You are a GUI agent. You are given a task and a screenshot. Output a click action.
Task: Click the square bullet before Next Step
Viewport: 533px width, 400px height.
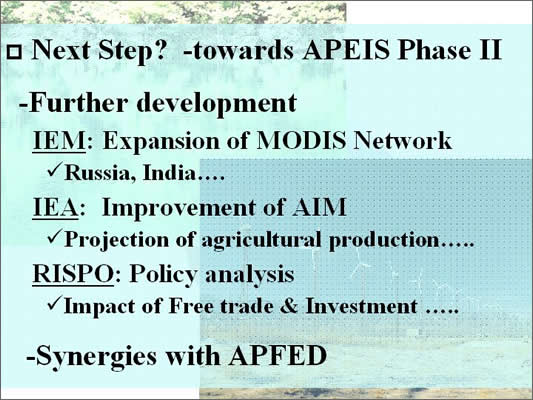(15, 52)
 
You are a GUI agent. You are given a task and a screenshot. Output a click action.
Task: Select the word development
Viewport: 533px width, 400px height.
(217, 104)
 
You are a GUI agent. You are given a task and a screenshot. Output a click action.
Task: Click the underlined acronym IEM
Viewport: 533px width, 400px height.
(59, 141)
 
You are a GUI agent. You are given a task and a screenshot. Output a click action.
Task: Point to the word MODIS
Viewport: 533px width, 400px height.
(301, 140)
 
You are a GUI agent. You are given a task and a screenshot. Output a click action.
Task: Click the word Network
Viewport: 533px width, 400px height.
(402, 140)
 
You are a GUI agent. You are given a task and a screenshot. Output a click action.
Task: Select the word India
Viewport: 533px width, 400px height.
(169, 173)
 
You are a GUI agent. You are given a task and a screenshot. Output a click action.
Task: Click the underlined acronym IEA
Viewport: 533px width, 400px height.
(55, 207)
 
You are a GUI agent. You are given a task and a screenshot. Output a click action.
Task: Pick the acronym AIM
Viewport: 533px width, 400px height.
(319, 207)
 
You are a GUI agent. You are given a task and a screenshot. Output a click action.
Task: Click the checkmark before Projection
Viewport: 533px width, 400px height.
(55, 236)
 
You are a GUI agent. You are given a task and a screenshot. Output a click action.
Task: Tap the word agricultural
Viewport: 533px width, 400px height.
(261, 241)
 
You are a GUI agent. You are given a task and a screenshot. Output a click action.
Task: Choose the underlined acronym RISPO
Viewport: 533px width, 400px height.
(73, 274)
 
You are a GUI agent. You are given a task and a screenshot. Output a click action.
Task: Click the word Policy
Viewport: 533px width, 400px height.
(163, 275)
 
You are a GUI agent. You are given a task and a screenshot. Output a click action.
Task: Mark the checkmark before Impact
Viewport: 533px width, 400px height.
(55, 302)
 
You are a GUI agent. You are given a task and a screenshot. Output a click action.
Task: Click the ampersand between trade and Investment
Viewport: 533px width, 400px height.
(289, 306)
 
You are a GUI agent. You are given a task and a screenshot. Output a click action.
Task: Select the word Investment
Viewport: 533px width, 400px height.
(361, 306)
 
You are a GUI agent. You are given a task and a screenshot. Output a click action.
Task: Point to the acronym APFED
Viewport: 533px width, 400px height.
(277, 355)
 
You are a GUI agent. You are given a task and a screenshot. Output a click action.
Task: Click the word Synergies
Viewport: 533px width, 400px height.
(96, 357)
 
